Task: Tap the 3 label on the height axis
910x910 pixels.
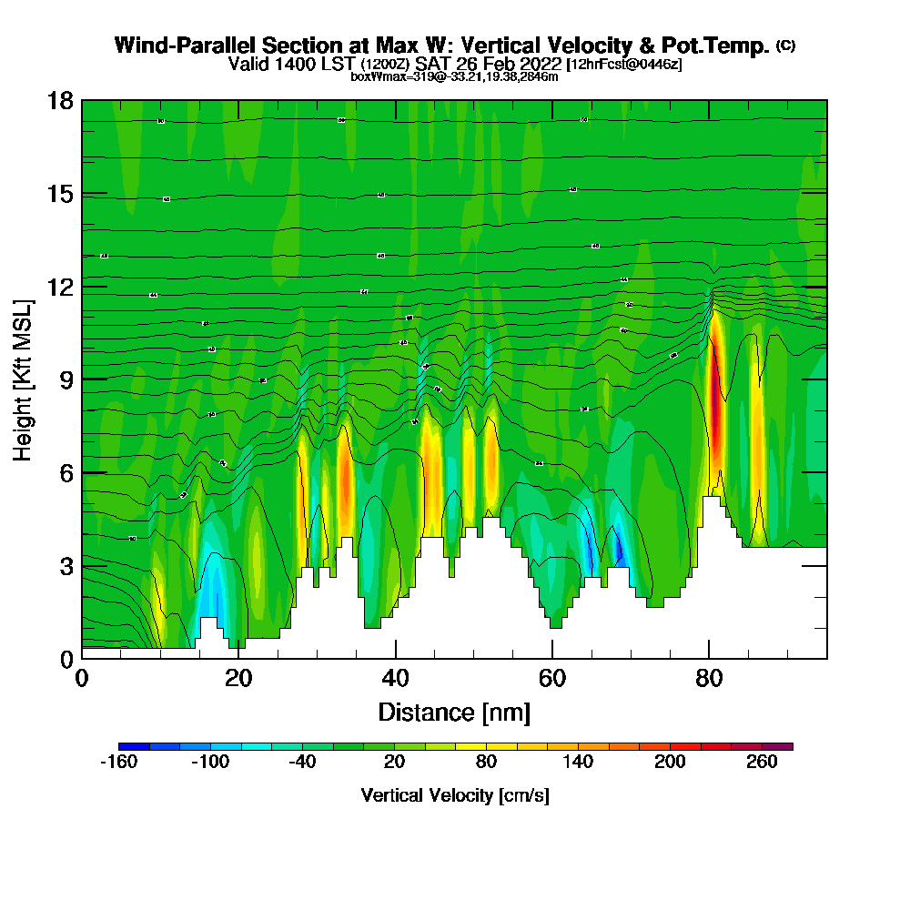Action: click(x=66, y=566)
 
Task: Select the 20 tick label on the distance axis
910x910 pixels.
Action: click(x=238, y=678)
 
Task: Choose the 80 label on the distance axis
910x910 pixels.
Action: click(x=709, y=678)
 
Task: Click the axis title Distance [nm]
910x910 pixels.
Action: click(x=454, y=712)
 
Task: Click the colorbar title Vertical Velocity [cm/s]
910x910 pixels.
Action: click(x=455, y=795)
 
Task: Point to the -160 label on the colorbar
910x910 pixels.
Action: click(x=117, y=762)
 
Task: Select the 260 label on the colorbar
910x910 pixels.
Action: click(x=763, y=762)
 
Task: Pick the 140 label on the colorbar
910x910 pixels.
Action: click(x=578, y=762)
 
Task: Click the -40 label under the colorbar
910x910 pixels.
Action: click(x=302, y=762)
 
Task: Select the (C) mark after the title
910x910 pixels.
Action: click(x=786, y=45)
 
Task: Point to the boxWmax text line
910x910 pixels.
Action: click(x=454, y=76)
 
